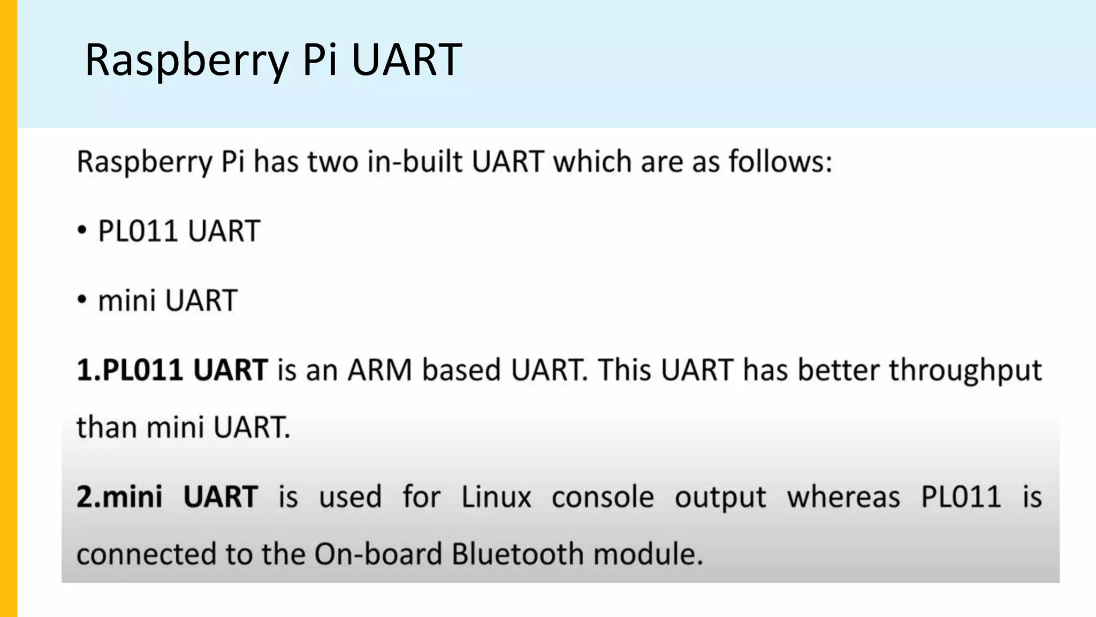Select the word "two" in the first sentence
pos(332,161)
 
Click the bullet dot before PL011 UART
pos(82,231)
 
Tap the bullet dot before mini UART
pos(82,300)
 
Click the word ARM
pos(379,370)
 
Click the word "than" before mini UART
pos(106,427)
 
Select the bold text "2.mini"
pos(119,496)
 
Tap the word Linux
pos(496,496)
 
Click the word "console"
pos(603,498)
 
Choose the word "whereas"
pos(843,496)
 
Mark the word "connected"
pos(146,554)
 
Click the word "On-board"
pos(378,554)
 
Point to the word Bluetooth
pos(517,554)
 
